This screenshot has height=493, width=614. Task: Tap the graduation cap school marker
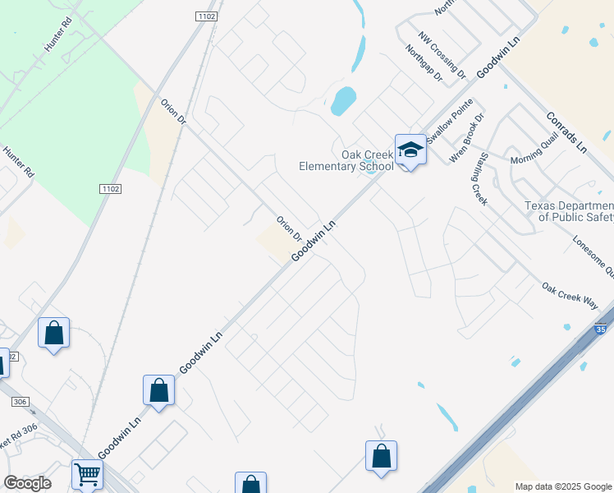(410, 150)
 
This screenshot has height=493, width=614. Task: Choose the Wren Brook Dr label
(467, 139)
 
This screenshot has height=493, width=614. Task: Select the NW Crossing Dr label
(442, 55)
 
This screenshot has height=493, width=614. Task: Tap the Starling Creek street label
(479, 178)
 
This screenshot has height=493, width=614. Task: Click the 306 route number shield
(21, 402)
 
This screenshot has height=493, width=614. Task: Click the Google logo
(27, 483)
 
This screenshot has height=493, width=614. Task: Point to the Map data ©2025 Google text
(563, 486)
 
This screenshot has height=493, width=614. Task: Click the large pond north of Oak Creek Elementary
(343, 100)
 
